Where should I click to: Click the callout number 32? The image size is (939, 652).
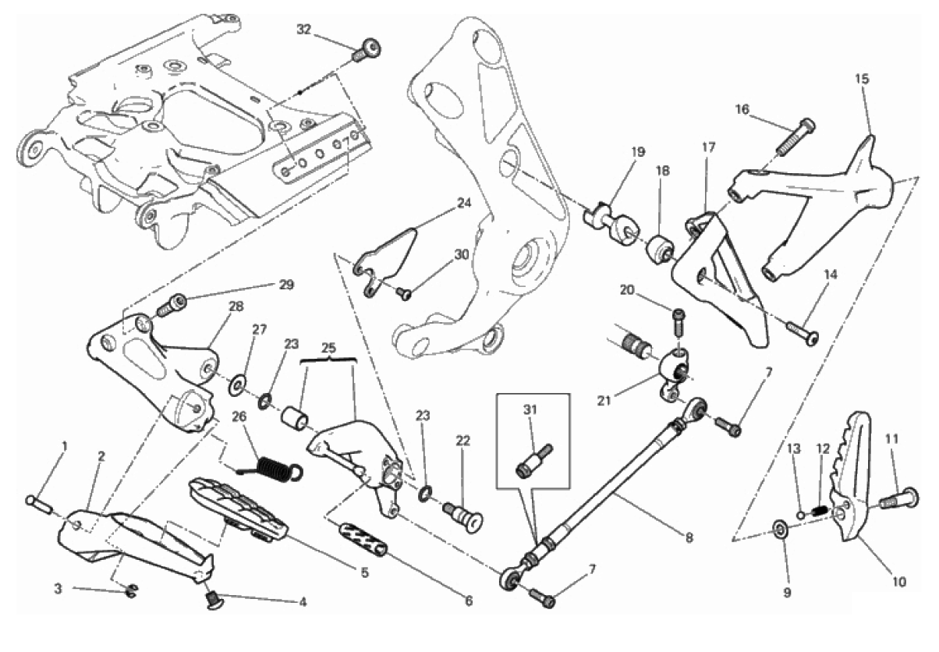[x=304, y=30]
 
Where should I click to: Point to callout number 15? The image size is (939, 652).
[x=861, y=79]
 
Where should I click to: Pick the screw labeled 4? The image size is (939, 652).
[x=213, y=599]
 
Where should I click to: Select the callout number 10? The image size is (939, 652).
[x=899, y=581]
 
